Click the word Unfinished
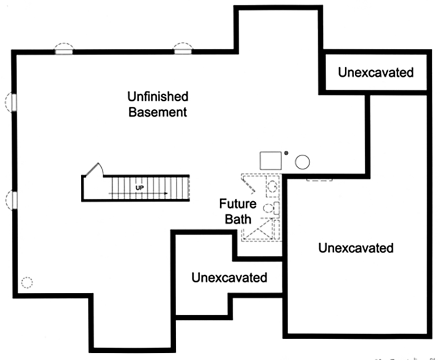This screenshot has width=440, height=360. (x=157, y=97)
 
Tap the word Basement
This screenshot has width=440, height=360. (x=157, y=113)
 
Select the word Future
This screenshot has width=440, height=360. (x=238, y=204)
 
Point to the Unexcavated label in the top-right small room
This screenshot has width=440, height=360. (x=376, y=72)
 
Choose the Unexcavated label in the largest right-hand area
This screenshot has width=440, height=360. (x=356, y=248)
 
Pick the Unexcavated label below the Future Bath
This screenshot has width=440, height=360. (x=229, y=277)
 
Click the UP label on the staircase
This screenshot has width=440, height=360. (x=140, y=187)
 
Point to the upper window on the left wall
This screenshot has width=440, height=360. (x=10, y=102)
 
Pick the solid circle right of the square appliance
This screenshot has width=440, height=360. (x=302, y=162)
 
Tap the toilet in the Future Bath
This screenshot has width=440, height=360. (x=271, y=208)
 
